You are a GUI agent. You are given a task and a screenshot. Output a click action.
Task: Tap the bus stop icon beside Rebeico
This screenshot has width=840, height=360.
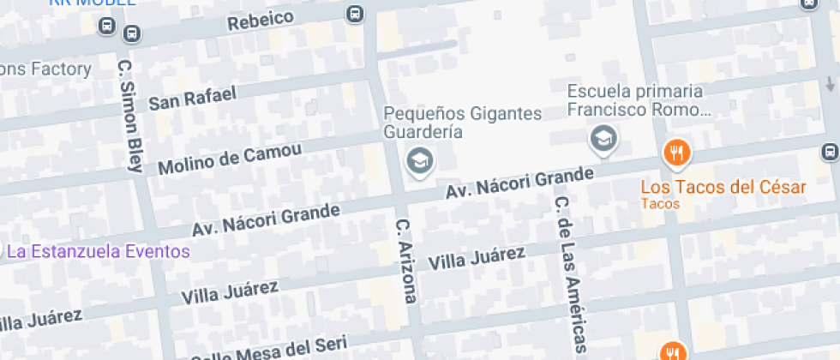354,14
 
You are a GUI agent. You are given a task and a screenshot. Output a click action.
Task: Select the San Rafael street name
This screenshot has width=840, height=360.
192,99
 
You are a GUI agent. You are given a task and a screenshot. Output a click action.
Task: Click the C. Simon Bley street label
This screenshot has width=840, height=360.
129,116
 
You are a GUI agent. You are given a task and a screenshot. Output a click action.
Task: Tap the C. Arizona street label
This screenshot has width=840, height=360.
405,261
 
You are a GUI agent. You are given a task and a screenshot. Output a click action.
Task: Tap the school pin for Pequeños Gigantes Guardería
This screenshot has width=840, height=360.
419,159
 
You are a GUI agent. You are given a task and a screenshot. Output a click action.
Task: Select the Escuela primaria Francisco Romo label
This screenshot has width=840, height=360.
635,100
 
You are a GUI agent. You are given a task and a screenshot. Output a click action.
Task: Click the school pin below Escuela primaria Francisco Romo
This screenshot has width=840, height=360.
603,137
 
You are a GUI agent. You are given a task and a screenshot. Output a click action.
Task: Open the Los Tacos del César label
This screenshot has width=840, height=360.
723,187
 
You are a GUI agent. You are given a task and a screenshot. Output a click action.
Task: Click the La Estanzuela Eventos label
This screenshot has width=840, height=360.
98,251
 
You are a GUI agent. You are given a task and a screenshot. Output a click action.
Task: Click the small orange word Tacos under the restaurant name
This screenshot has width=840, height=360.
660,204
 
